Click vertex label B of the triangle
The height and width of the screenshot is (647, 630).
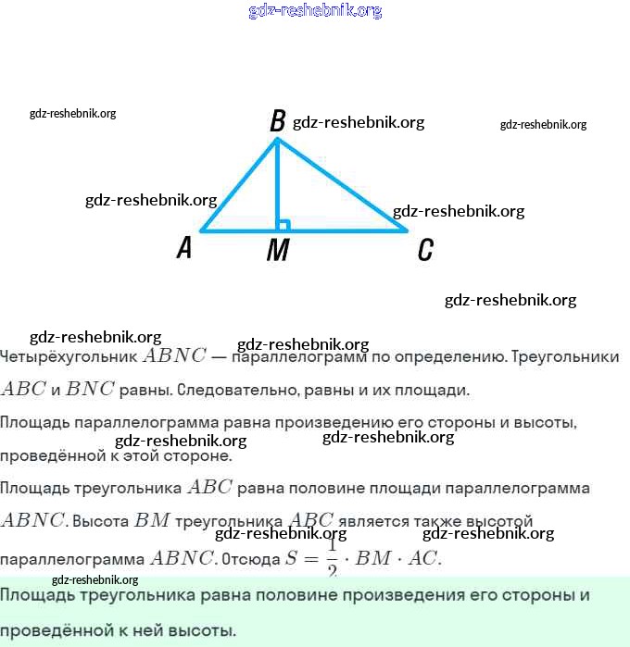(277, 121)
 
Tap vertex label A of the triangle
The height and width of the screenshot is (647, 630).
(185, 247)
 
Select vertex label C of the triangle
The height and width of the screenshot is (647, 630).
(424, 250)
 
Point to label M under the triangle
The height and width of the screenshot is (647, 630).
(277, 251)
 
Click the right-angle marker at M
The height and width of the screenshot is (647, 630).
(283, 225)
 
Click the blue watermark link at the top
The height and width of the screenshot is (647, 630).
(315, 11)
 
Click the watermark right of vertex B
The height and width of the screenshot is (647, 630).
(358, 122)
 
